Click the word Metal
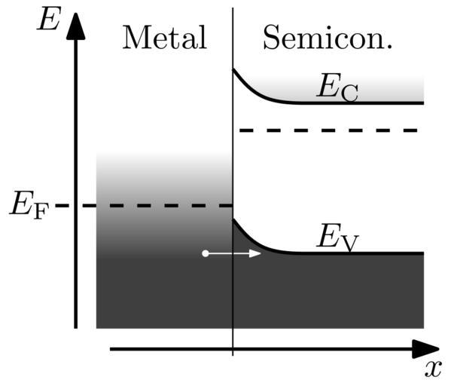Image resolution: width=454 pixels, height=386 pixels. tap(164, 37)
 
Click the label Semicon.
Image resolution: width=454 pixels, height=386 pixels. tap(328, 37)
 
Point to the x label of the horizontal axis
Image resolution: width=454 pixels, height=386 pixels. tap(432, 369)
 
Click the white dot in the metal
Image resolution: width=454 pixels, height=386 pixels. tap(205, 253)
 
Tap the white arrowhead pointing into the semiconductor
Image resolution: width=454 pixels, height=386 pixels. tap(255, 253)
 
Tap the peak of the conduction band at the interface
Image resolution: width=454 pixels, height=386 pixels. tap(233, 69)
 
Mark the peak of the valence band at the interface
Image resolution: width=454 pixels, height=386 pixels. tap(233, 219)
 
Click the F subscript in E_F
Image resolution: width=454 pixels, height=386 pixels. tap(41, 210)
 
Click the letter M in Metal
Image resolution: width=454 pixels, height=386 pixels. tap(136, 37)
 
